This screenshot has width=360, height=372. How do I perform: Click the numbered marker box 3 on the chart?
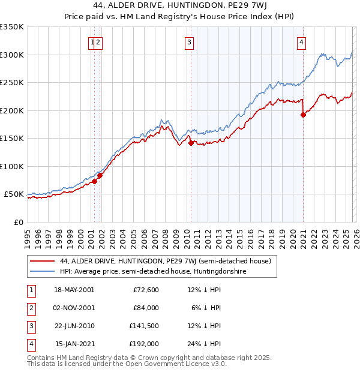click(x=189, y=42)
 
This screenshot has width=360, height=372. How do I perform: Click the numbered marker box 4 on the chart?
click(x=301, y=42)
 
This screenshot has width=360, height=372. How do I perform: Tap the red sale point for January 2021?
click(x=303, y=115)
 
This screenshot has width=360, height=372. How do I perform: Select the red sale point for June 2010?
click(x=191, y=143)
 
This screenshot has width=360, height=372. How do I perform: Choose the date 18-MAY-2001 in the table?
click(x=74, y=290)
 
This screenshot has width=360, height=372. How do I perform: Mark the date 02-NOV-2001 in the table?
click(x=74, y=308)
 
